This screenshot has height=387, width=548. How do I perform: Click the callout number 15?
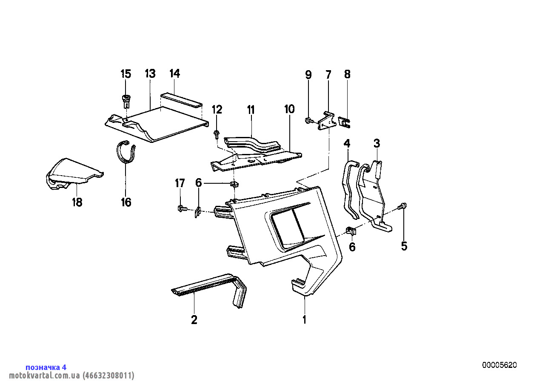(126, 74)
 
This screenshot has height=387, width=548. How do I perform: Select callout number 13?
(150, 74)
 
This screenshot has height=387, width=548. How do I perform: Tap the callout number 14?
(174, 74)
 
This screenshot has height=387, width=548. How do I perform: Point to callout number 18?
(77, 202)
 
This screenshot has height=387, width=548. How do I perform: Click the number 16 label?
(126, 202)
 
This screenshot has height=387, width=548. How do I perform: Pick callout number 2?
(194, 320)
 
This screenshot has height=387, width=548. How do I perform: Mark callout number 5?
(404, 246)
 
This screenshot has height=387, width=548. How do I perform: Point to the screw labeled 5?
(402, 207)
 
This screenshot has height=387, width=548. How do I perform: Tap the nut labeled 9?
(308, 122)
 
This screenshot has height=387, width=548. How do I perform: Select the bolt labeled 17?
(181, 208)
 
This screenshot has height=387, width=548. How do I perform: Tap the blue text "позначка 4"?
(46, 367)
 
